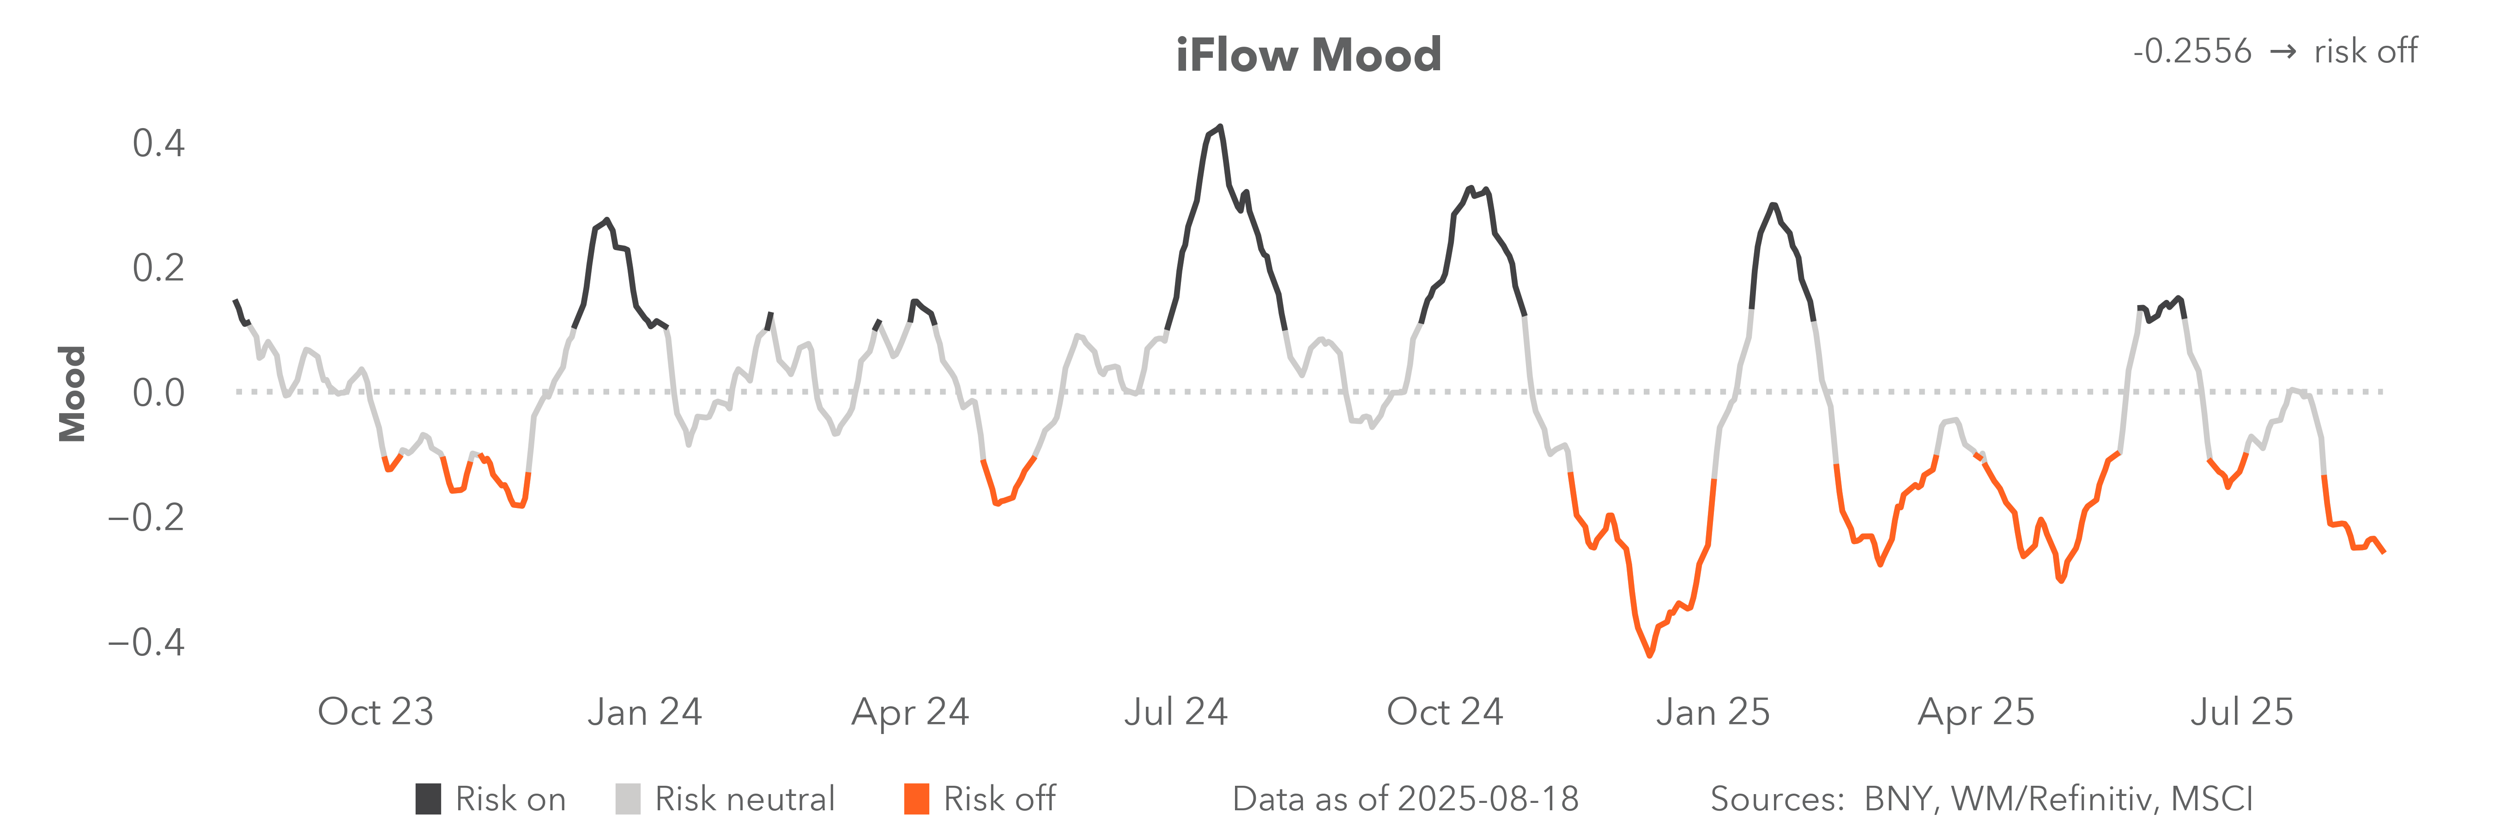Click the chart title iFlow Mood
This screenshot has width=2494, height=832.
pos(1308,55)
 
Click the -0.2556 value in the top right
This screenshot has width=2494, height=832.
pos(2192,51)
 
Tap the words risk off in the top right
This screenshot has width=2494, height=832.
pos(2365,51)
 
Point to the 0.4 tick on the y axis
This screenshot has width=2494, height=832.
pos(158,143)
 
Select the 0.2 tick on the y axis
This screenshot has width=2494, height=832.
pos(158,268)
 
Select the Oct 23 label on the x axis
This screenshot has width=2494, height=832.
pos(375,712)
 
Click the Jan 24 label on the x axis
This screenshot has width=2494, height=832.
pos(644,712)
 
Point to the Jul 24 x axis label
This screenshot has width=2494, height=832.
pos(1175,712)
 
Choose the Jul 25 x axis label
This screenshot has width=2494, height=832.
pos(2241,712)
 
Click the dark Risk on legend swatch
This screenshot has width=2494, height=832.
pos(428,799)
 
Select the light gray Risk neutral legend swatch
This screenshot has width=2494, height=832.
pos(627,799)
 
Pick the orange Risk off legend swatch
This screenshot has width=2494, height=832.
pos(916,799)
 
